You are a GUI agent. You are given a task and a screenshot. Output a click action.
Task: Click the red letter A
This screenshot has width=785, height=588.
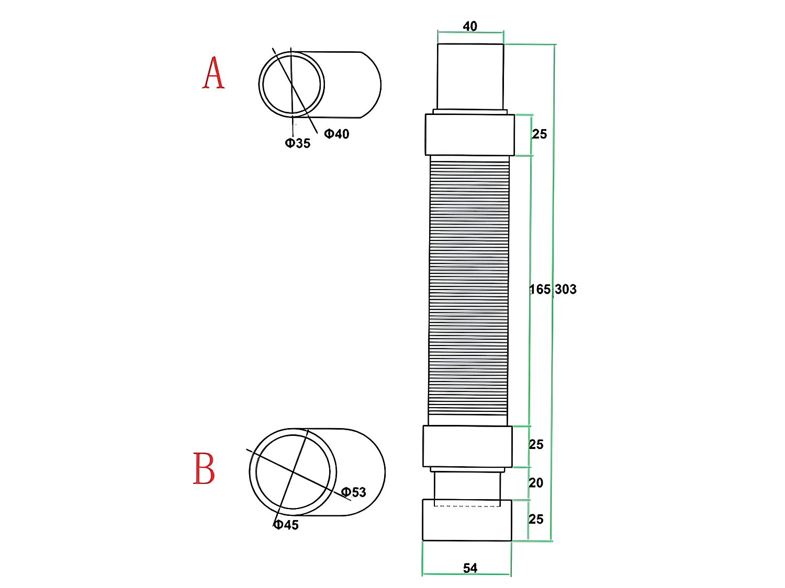click(x=214, y=73)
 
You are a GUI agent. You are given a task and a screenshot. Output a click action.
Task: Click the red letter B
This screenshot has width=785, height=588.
click(x=204, y=468)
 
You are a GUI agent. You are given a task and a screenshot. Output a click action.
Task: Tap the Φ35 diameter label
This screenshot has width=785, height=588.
click(x=298, y=143)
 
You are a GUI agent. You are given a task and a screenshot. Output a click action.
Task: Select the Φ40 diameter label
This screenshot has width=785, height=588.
click(x=337, y=134)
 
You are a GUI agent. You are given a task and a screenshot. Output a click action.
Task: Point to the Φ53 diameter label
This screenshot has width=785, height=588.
click(x=354, y=492)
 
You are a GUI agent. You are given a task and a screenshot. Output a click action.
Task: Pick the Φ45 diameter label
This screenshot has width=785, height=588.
click(x=286, y=525)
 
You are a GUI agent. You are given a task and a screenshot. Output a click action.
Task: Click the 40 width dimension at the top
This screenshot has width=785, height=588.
click(x=470, y=26)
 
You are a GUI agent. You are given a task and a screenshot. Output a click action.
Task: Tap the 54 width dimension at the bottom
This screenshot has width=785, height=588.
click(x=470, y=568)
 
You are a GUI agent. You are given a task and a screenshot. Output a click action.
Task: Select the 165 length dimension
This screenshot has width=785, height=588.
click(x=540, y=290)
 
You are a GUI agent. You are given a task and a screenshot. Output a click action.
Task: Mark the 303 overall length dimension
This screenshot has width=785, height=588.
click(x=566, y=290)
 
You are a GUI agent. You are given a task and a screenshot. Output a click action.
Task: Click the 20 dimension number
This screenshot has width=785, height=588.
click(x=536, y=483)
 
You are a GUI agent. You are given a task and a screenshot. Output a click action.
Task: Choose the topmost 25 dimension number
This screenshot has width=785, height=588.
click(x=540, y=134)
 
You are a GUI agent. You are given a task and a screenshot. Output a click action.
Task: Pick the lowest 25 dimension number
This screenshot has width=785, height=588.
click(x=536, y=520)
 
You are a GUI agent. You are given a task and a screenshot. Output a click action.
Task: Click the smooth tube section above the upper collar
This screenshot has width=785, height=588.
click(x=470, y=77)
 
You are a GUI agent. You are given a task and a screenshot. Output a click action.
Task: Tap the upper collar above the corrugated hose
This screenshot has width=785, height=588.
click(x=469, y=135)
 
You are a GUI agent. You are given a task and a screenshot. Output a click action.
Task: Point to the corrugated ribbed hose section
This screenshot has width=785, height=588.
click(x=468, y=290)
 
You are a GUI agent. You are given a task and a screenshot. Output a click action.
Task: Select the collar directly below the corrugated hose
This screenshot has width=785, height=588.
click(x=467, y=446)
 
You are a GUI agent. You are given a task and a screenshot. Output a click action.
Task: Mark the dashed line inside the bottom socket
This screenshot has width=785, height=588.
click(x=467, y=506)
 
